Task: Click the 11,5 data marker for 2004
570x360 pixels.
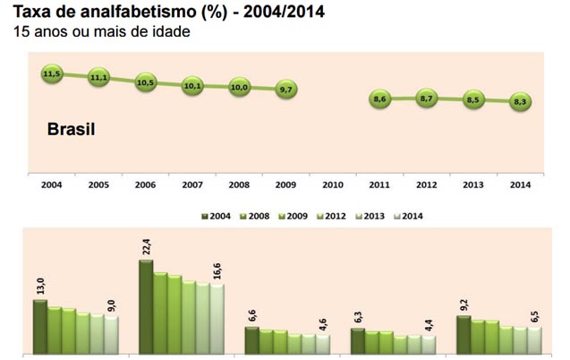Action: pyautogui.click(x=51, y=74)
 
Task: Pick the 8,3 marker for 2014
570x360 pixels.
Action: pyautogui.click(x=520, y=102)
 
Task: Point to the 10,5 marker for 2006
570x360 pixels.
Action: pyautogui.click(x=145, y=82)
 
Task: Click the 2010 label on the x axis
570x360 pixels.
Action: pyautogui.click(x=332, y=184)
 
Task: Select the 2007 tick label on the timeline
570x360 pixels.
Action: pyautogui.click(x=191, y=184)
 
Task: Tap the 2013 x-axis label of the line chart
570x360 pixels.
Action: pyautogui.click(x=472, y=184)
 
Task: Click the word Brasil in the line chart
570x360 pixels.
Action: pyautogui.click(x=71, y=130)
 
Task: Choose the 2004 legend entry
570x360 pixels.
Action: pyautogui.click(x=216, y=216)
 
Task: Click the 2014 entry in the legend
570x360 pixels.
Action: pyautogui.click(x=408, y=216)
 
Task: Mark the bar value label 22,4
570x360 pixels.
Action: pyautogui.click(x=146, y=244)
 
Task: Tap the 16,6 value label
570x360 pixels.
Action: pyautogui.click(x=217, y=269)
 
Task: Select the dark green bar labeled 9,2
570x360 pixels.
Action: pyautogui.click(x=464, y=333)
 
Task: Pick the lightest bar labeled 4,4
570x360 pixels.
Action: pyautogui.click(x=429, y=344)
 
